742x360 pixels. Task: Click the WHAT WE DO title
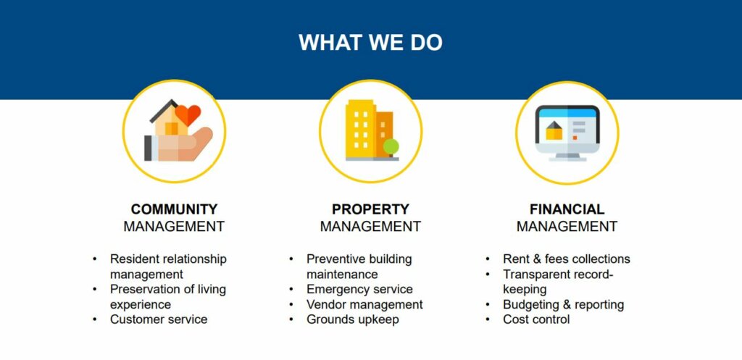[x=370, y=42]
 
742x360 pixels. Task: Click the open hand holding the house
[x=178, y=145]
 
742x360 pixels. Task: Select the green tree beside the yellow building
[x=391, y=146]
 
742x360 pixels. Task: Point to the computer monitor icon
[x=567, y=133]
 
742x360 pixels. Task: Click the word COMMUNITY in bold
[x=174, y=209]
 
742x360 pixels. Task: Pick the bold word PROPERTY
[x=370, y=209]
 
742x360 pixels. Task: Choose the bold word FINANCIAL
[x=567, y=209]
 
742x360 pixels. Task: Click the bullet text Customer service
[x=159, y=319]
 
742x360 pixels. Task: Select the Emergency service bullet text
[x=359, y=289]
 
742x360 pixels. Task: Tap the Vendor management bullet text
[x=364, y=304]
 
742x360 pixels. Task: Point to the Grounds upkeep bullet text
[x=353, y=319]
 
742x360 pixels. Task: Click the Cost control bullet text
[x=536, y=319]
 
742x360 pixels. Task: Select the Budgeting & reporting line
[x=564, y=304]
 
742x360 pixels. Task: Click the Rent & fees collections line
[x=567, y=259]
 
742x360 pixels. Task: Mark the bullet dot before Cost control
[x=488, y=319]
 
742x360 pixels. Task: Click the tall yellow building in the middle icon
[x=361, y=129]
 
